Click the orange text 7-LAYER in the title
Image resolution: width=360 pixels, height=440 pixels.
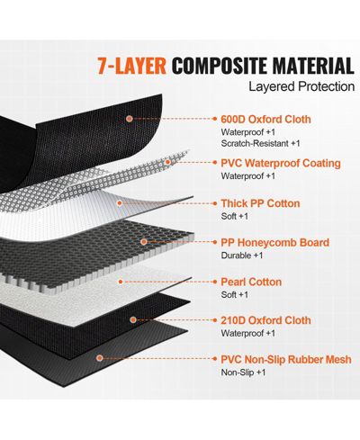(131, 65)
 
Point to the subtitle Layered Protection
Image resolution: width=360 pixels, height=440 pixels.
(301, 86)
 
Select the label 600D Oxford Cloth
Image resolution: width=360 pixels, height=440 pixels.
(265, 119)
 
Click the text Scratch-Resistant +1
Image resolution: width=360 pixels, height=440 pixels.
(260, 143)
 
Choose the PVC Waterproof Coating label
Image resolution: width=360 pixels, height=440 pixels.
(281, 163)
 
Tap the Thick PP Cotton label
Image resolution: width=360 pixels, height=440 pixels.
(260, 203)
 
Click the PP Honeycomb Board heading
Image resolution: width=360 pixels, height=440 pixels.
(275, 242)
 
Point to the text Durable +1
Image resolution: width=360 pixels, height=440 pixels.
(242, 256)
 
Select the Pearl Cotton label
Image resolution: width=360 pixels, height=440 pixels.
(251, 282)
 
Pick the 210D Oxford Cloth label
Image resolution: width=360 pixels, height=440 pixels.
(265, 320)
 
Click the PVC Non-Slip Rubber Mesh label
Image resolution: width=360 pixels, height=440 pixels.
(286, 359)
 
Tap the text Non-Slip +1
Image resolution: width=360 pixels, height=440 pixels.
(243, 373)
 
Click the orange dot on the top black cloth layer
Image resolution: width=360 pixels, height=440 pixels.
(130, 119)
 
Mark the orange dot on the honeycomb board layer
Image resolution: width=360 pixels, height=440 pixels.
(144, 242)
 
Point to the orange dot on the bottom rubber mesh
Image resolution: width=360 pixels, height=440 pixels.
(100, 358)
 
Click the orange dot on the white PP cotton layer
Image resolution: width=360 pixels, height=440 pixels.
(120, 203)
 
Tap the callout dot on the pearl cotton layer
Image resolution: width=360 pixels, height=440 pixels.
(121, 282)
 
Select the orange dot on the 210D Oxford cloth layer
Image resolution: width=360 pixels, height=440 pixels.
(133, 320)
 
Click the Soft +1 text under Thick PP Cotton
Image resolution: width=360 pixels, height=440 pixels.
(235, 216)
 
